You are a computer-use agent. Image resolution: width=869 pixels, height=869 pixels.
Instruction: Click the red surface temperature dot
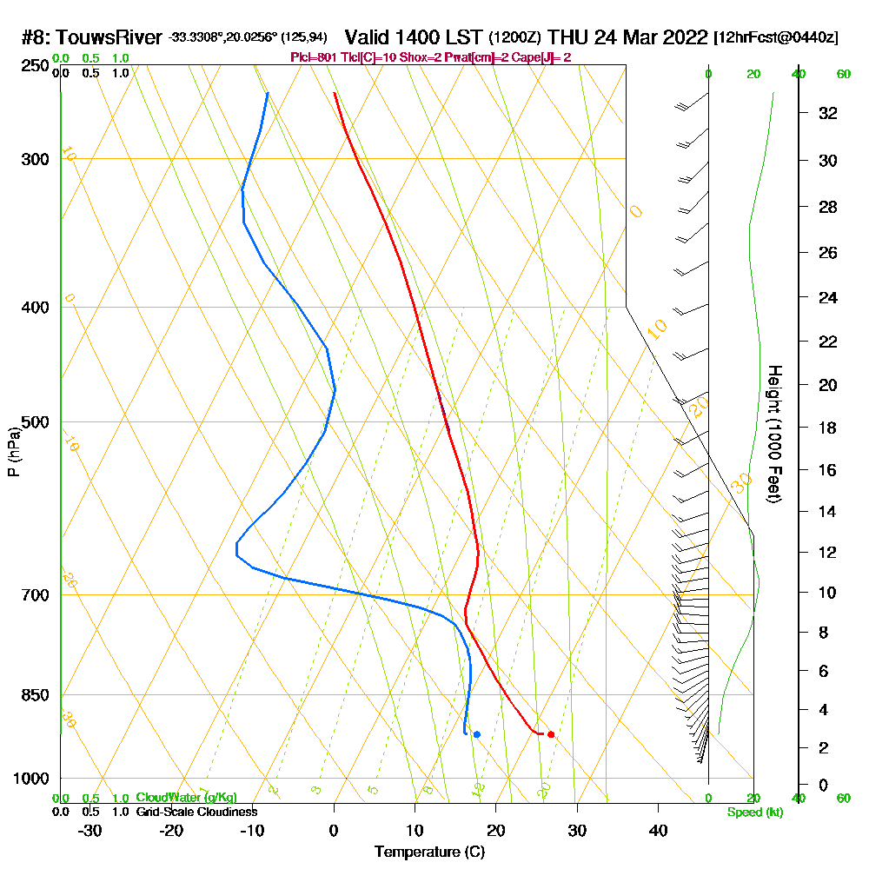(551, 734)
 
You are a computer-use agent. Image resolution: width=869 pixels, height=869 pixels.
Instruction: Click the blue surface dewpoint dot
(477, 734)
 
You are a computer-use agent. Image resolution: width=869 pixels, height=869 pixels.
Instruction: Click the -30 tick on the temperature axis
(90, 830)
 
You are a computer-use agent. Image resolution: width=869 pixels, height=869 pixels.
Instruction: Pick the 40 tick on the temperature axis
(658, 830)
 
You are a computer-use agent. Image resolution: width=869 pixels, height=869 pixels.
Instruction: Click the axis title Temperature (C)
(429, 852)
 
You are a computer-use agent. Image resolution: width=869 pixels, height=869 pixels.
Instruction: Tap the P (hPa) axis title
(13, 452)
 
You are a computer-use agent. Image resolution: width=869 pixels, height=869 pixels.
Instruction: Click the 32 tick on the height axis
(828, 113)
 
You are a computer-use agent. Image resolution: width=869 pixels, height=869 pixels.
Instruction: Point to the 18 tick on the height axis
(828, 428)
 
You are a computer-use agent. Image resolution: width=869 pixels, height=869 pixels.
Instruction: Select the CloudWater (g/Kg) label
(186, 798)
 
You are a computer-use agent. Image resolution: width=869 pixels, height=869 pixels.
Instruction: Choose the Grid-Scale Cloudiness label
(196, 812)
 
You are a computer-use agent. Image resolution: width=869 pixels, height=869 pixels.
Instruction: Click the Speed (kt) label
(754, 812)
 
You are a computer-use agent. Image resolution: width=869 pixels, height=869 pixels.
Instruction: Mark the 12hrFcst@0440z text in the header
(776, 38)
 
